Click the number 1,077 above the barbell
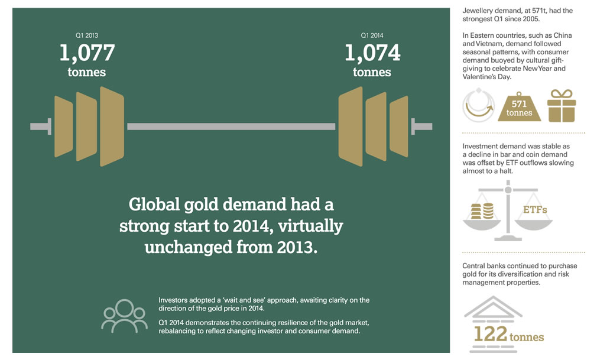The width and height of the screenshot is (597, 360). [87, 53]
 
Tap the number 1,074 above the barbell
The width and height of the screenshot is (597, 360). [372, 53]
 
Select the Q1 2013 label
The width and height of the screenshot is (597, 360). [87, 35]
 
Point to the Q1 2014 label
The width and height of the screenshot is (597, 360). [372, 35]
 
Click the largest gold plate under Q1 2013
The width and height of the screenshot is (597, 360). [112, 127]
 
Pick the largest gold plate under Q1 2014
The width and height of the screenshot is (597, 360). [351, 127]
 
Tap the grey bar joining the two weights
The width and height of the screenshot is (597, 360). [231, 127]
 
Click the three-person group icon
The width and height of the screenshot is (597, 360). [124, 316]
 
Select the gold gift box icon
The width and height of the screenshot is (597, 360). [562, 106]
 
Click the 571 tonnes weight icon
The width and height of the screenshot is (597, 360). [520, 107]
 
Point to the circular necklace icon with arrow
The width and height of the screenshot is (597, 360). [478, 105]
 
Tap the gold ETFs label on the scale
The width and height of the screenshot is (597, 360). [535, 209]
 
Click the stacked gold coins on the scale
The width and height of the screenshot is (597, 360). [482, 211]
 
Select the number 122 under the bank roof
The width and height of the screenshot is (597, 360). [491, 334]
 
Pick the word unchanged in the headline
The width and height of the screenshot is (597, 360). [189, 247]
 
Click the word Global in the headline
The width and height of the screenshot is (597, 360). [154, 205]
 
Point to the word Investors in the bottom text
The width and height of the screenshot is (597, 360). [172, 300]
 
